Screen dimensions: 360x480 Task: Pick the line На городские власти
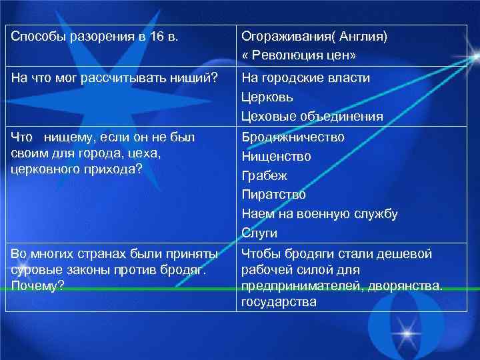305,78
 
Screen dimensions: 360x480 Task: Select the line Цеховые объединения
312,117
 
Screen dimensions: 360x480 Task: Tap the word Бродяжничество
293,137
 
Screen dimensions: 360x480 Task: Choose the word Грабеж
264,175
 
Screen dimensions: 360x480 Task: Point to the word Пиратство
273,195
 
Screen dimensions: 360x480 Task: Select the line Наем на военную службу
319,214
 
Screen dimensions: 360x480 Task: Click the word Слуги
259,233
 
